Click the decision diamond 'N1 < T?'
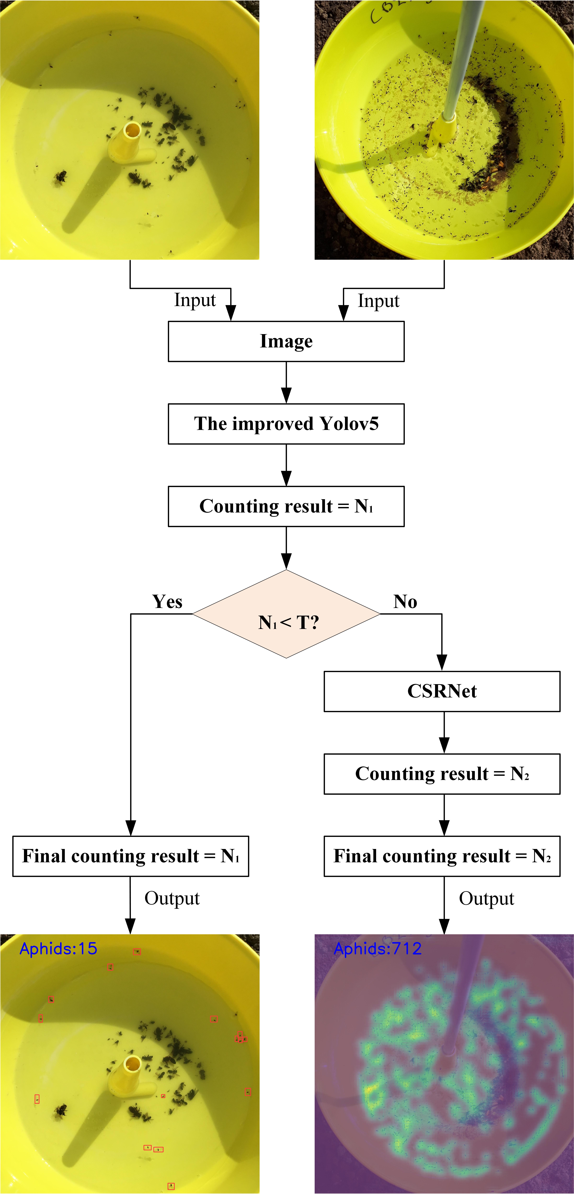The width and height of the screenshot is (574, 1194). click(x=286, y=614)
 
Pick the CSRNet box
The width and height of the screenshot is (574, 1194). click(x=442, y=691)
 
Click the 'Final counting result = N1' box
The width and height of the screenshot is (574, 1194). click(x=131, y=856)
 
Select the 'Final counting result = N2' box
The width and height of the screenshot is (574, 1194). click(x=442, y=856)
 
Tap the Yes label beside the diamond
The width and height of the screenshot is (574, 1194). click(x=167, y=602)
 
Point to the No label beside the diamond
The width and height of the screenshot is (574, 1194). click(x=405, y=602)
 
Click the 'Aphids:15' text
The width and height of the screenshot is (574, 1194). click(x=58, y=949)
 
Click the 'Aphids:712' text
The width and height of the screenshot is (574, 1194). click(x=378, y=949)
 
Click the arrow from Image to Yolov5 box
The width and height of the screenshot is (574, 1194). click(x=286, y=382)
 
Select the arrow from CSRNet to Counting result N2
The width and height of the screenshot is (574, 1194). click(x=444, y=732)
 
